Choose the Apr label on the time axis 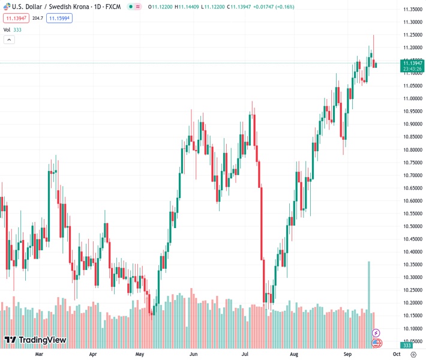(x=93, y=354)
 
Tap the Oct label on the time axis (x=396, y=354)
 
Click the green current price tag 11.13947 (x=412, y=63)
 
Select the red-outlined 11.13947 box (x=16, y=19)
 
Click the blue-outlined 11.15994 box (x=59, y=19)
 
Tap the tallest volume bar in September (x=369, y=288)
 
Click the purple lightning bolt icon (x=376, y=332)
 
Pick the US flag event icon (x=376, y=343)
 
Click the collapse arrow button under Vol (x=9, y=40)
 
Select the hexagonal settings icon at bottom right (x=413, y=354)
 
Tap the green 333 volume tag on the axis (x=407, y=346)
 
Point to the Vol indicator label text (x=7, y=29)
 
